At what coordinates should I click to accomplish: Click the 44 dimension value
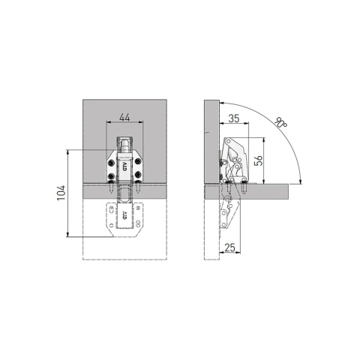tap(124, 117)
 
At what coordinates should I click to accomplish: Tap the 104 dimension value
tap(61, 193)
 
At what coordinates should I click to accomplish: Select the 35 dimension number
tap(234, 118)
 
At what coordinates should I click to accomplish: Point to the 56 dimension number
tap(258, 160)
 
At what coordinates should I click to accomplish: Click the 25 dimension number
tap(230, 247)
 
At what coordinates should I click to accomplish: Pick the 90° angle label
tap(280, 121)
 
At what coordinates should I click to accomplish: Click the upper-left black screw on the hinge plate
tap(111, 163)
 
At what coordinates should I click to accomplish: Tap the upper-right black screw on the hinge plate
tap(137, 162)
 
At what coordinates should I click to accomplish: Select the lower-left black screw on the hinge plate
tap(111, 176)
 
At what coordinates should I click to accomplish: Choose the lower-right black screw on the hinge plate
tap(138, 175)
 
